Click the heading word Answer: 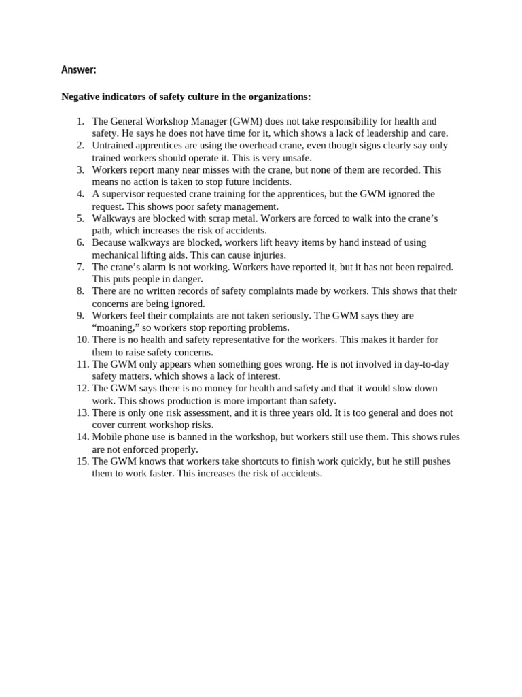click(x=79, y=69)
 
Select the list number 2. click(x=80, y=146)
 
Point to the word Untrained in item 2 click(x=113, y=146)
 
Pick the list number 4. click(x=80, y=194)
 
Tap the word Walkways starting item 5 click(x=114, y=218)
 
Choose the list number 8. click(x=80, y=291)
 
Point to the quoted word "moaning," click(x=116, y=327)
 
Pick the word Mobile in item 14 click(x=107, y=437)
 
